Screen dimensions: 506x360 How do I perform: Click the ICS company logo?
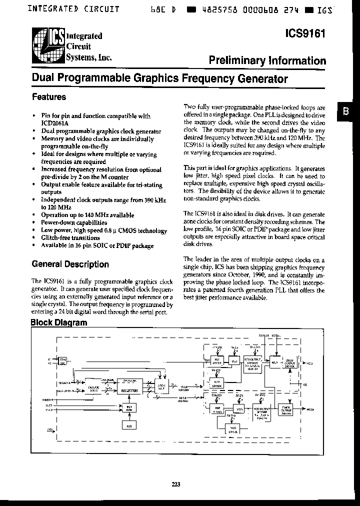(x=48, y=46)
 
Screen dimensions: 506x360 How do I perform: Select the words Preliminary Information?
(x=267, y=60)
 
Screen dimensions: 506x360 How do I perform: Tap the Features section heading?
(x=48, y=96)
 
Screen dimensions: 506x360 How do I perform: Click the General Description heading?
(x=70, y=264)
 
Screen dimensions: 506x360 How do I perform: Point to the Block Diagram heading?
(x=59, y=322)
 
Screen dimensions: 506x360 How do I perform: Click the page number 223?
(x=175, y=484)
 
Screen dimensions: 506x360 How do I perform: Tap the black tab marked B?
(x=345, y=111)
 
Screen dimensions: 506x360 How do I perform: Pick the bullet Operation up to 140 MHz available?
(x=87, y=215)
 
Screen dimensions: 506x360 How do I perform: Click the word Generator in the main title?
(x=264, y=78)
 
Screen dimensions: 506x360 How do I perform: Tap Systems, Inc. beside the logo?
(x=88, y=57)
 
